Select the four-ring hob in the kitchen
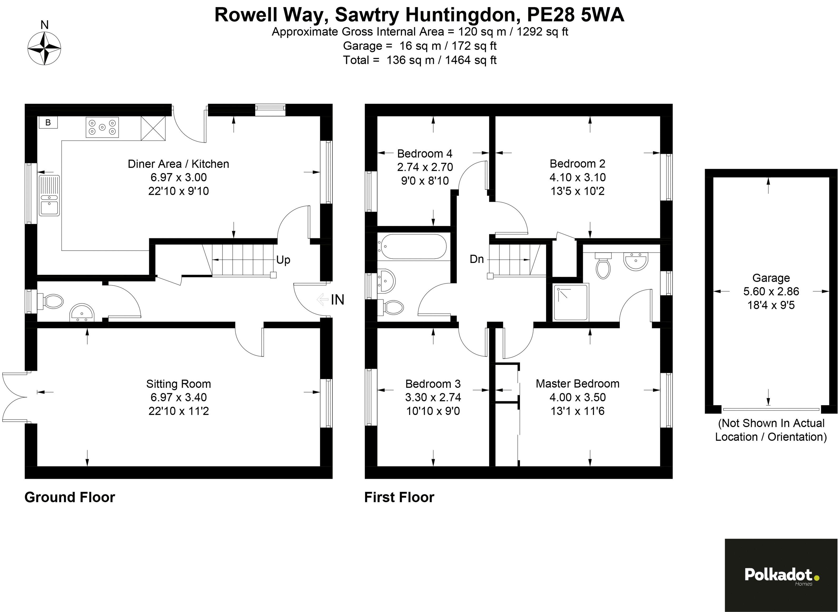(x=102, y=128)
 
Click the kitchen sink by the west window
(x=49, y=195)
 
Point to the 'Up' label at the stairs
(x=283, y=260)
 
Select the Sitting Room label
(x=179, y=384)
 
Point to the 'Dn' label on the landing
(x=477, y=259)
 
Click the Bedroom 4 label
(x=425, y=153)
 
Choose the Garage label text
(x=771, y=278)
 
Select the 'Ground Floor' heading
(x=70, y=497)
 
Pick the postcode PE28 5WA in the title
(x=575, y=16)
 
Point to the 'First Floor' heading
(x=399, y=497)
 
